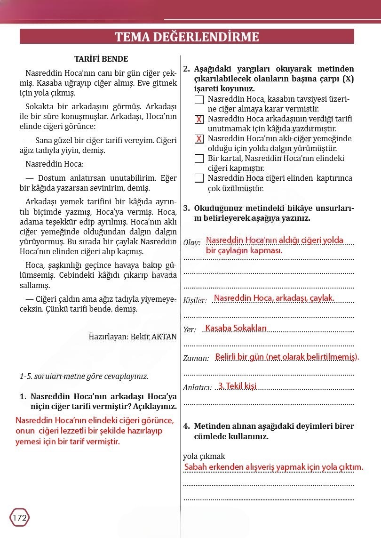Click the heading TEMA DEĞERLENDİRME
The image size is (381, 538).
(187, 37)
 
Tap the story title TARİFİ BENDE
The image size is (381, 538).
(101, 59)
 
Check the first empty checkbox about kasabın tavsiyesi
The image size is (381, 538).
(199, 100)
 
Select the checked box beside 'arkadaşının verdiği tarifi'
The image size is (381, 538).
(199, 120)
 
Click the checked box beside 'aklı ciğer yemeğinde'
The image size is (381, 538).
(199, 139)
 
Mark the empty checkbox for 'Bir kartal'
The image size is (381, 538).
(199, 159)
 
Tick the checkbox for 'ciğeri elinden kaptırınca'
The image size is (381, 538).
(199, 178)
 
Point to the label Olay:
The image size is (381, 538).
(192, 243)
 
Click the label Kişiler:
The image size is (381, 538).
(195, 301)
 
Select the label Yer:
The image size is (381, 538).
(190, 330)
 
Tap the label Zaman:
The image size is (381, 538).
(196, 359)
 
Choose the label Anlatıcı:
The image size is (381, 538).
(197, 388)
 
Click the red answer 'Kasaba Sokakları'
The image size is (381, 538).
(236, 328)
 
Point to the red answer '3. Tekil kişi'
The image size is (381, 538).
(238, 386)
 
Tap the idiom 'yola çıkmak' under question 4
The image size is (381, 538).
(204, 456)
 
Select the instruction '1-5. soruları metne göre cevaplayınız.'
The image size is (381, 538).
(84, 377)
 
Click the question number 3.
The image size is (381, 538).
(186, 208)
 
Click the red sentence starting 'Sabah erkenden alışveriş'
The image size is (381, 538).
(274, 467)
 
